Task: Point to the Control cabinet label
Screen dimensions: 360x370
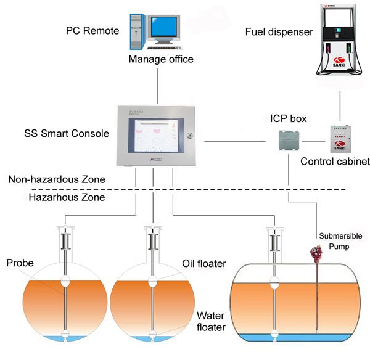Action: click(334, 162)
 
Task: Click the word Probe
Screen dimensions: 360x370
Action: click(20, 263)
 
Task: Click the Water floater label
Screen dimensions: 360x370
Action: click(210, 321)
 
